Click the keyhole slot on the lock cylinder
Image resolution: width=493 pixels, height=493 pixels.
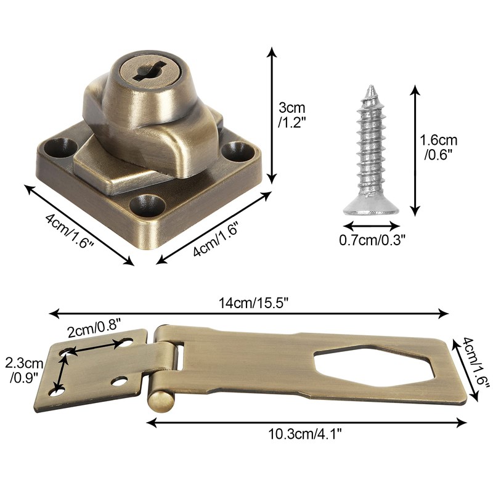(150, 71)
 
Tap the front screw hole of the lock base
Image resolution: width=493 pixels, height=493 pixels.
(147, 206)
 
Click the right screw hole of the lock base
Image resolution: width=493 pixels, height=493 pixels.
(238, 152)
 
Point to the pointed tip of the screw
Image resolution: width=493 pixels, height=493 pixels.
(372, 86)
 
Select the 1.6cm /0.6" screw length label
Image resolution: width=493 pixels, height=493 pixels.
(439, 147)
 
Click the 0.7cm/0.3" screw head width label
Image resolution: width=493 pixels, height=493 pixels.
(371, 240)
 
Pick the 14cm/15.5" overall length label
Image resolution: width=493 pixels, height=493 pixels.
(253, 303)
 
